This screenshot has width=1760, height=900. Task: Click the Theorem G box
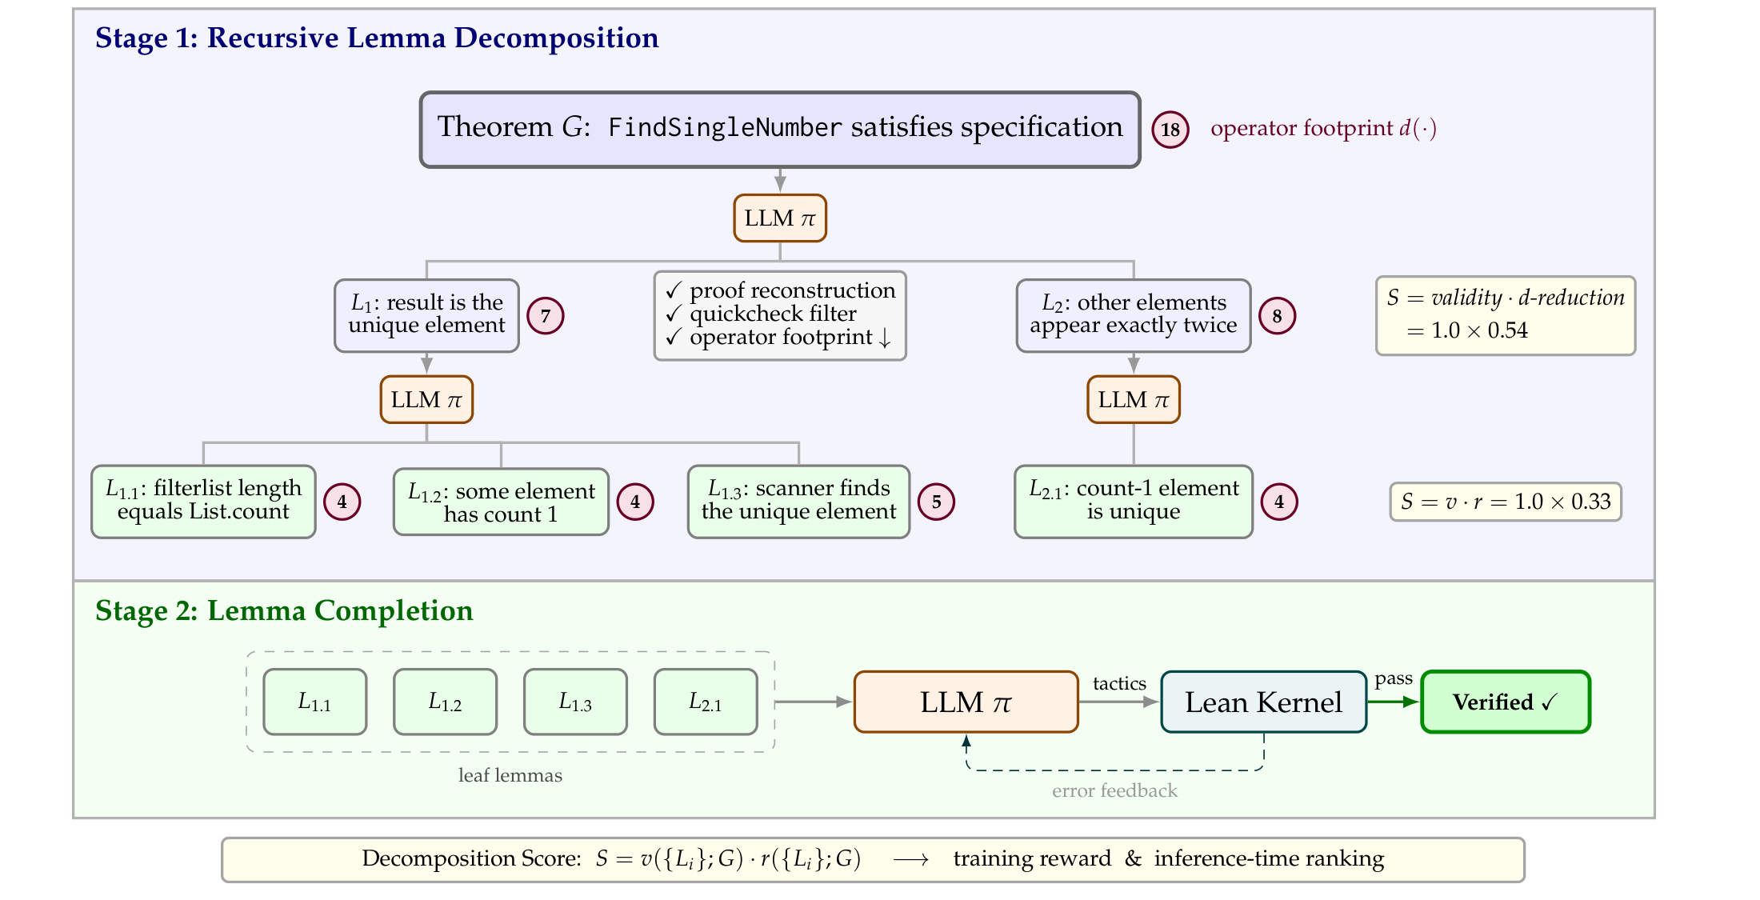[x=780, y=130]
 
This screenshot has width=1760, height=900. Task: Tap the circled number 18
[x=1170, y=130]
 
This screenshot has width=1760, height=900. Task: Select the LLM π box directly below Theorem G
[x=780, y=218]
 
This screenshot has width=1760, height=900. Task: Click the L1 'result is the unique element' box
[x=426, y=315]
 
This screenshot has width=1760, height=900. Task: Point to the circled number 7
[x=546, y=316]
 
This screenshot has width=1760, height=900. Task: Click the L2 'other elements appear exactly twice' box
[x=1133, y=315]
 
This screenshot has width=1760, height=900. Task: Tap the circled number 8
[x=1277, y=316]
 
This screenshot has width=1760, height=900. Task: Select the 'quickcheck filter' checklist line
[x=773, y=314]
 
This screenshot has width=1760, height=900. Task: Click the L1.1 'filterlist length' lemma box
[x=203, y=502]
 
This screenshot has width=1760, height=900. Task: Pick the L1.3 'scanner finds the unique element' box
[x=798, y=502]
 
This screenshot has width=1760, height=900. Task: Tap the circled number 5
[x=936, y=502]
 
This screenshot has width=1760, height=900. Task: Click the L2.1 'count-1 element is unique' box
[x=1133, y=502]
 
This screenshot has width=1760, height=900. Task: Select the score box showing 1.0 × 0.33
[x=1506, y=502]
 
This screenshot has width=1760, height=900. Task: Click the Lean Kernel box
[x=1263, y=702]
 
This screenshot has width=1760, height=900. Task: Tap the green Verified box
[x=1506, y=702]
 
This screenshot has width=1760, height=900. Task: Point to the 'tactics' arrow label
[x=1119, y=683]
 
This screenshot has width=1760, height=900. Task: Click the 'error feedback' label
[x=1114, y=790]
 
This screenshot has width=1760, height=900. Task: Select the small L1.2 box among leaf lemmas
[x=445, y=702]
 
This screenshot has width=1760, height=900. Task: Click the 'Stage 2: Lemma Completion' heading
[x=284, y=611]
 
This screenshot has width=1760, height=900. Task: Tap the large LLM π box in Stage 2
[x=966, y=702]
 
